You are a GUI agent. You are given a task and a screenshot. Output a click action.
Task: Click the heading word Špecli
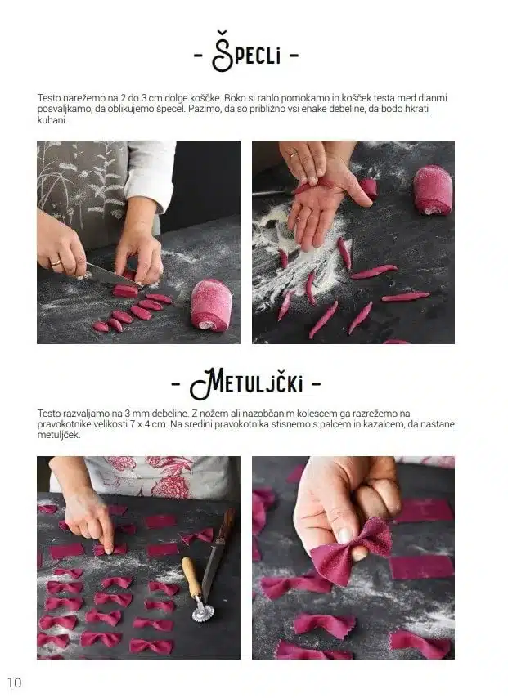point(246,53)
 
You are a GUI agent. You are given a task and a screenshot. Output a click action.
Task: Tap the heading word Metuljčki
point(246,383)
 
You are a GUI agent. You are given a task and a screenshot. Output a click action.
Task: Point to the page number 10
point(14,682)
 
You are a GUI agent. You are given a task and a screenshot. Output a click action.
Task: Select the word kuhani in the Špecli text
point(52,120)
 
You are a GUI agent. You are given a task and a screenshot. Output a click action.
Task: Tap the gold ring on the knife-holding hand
point(56,263)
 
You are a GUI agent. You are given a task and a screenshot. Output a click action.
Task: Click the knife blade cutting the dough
point(108,275)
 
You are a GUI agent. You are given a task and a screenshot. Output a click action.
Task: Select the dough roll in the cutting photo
point(211,305)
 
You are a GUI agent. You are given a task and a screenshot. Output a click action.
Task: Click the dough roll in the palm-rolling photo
point(433,190)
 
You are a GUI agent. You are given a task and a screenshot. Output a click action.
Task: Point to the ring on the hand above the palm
point(294,155)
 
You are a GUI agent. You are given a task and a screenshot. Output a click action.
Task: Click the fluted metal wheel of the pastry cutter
point(203,612)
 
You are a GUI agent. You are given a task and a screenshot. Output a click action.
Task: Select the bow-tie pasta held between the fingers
point(351,551)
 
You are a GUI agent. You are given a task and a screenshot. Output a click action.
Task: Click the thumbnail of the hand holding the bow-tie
point(344,535)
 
